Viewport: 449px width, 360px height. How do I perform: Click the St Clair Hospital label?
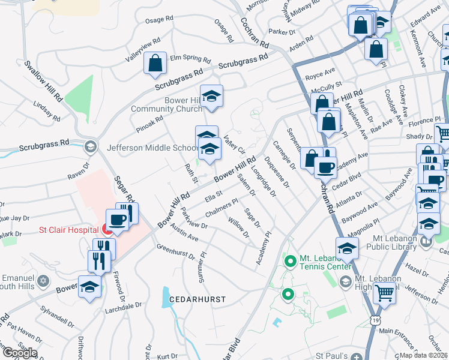pyautogui.click(x=68, y=229)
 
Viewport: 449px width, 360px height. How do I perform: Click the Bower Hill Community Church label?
pyautogui.click(x=166, y=104)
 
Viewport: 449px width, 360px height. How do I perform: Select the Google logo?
pyautogui.click(x=19, y=353)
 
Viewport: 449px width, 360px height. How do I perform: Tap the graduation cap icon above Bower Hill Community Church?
pyautogui.click(x=211, y=95)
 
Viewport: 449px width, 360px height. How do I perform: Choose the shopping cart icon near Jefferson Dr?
pyautogui.click(x=384, y=293)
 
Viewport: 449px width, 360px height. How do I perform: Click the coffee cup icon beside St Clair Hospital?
pyautogui.click(x=116, y=219)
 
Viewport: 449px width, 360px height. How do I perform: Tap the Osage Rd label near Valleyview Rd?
pyautogui.click(x=159, y=20)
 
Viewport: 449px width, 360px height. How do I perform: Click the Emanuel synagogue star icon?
pyautogui.click(x=43, y=281)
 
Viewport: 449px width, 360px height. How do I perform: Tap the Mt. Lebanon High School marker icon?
pyautogui.click(x=346, y=281)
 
